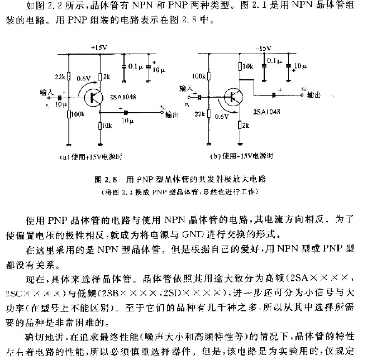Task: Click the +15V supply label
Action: point(98,49)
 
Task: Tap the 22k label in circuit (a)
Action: point(60,76)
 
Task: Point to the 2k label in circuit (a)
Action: point(107,76)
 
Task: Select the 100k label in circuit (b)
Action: point(199,75)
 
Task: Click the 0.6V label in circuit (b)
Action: point(223,116)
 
